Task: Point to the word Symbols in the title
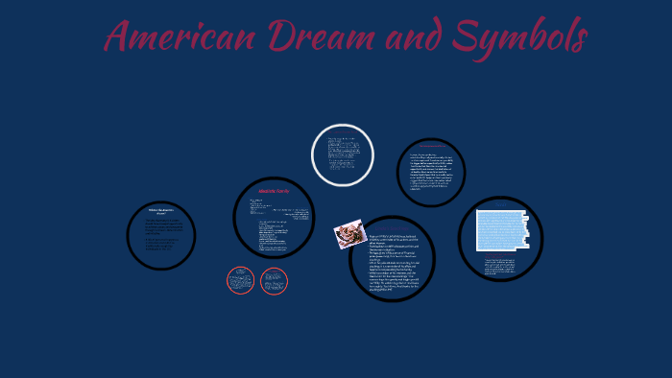[x=521, y=38]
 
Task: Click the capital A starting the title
[x=119, y=38]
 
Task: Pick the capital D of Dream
[x=283, y=38]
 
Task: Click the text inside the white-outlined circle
[x=343, y=154]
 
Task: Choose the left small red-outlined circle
[x=240, y=280]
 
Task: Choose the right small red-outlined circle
[x=274, y=280]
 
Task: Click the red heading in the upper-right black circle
[x=431, y=146]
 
